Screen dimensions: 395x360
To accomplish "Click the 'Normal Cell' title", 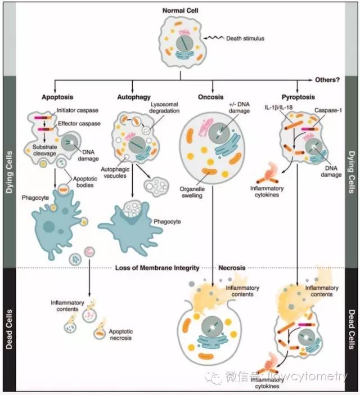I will pyautogui.click(x=180, y=10).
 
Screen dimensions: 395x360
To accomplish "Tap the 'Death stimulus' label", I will pyautogui.click(x=242, y=38).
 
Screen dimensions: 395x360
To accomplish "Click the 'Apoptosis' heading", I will pyautogui.click(x=58, y=97).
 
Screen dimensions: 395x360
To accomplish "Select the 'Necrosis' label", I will pyautogui.click(x=231, y=268).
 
